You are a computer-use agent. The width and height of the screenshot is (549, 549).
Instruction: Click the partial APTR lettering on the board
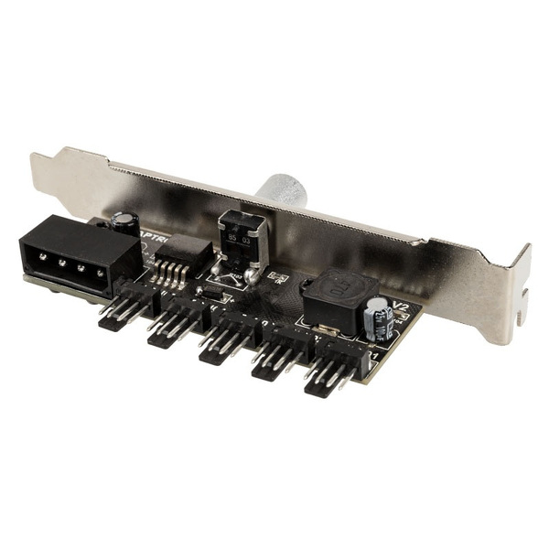(x=154, y=234)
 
